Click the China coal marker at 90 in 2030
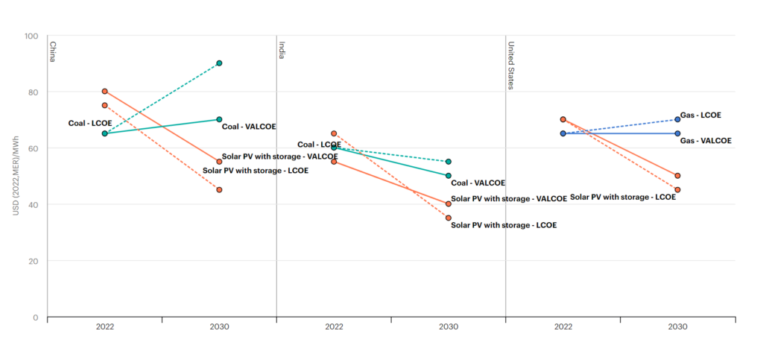pos(219,63)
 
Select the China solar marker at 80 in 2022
pos(105,91)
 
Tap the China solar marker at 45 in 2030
pos(219,189)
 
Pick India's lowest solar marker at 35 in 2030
pos(449,218)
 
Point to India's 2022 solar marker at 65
pos(334,133)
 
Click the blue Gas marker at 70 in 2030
pos(677,119)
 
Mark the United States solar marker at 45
pos(677,189)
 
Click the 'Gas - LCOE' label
pos(700,116)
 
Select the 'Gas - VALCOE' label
pos(705,140)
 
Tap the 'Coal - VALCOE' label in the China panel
pos(249,127)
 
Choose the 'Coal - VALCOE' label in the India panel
pos(478,183)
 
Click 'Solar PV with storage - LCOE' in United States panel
pos(622,198)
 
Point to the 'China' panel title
pos(53,51)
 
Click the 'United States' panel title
pos(511,64)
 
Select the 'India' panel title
pos(282,50)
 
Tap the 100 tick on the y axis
pos(31,36)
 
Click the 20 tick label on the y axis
pos(34,261)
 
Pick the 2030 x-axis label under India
pos(449,326)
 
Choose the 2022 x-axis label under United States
pos(563,326)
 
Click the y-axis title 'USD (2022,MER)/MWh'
pos(16,177)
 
